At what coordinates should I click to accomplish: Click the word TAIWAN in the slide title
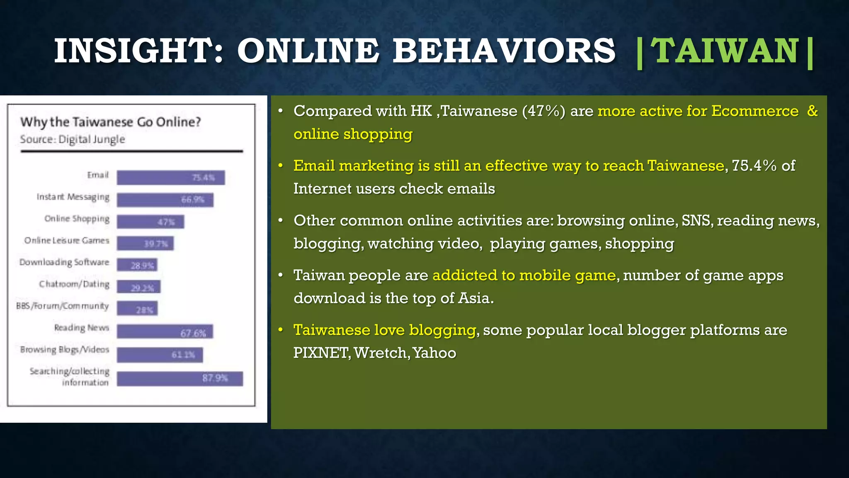[725, 51]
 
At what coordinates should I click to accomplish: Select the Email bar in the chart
[170, 178]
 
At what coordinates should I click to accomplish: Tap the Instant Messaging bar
[165, 200]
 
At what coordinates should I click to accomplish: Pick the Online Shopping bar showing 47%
[150, 222]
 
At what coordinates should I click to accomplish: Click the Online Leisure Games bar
[145, 243]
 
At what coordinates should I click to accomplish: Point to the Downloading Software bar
[137, 265]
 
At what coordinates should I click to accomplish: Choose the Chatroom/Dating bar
[138, 287]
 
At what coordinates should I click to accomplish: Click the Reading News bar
[165, 332]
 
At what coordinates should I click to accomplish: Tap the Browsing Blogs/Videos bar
[160, 355]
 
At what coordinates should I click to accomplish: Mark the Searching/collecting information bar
[180, 378]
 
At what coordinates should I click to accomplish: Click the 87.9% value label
[215, 378]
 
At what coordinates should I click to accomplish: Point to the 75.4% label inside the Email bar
[203, 178]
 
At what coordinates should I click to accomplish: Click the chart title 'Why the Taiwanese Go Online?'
[111, 122]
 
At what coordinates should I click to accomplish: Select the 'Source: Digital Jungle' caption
[73, 139]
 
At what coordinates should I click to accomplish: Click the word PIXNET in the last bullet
[320, 353]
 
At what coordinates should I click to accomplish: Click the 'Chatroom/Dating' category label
[75, 284]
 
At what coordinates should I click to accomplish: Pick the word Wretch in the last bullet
[381, 353]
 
